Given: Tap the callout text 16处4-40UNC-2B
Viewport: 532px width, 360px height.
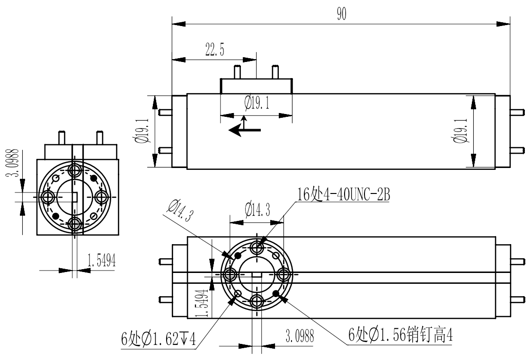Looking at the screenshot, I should tap(343, 194).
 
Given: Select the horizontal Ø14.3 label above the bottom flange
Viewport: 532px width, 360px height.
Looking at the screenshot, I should tap(257, 210).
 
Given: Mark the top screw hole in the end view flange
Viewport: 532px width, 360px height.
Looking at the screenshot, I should tap(75, 169).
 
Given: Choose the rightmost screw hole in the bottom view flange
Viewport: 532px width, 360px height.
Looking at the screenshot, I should tap(283, 274).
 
